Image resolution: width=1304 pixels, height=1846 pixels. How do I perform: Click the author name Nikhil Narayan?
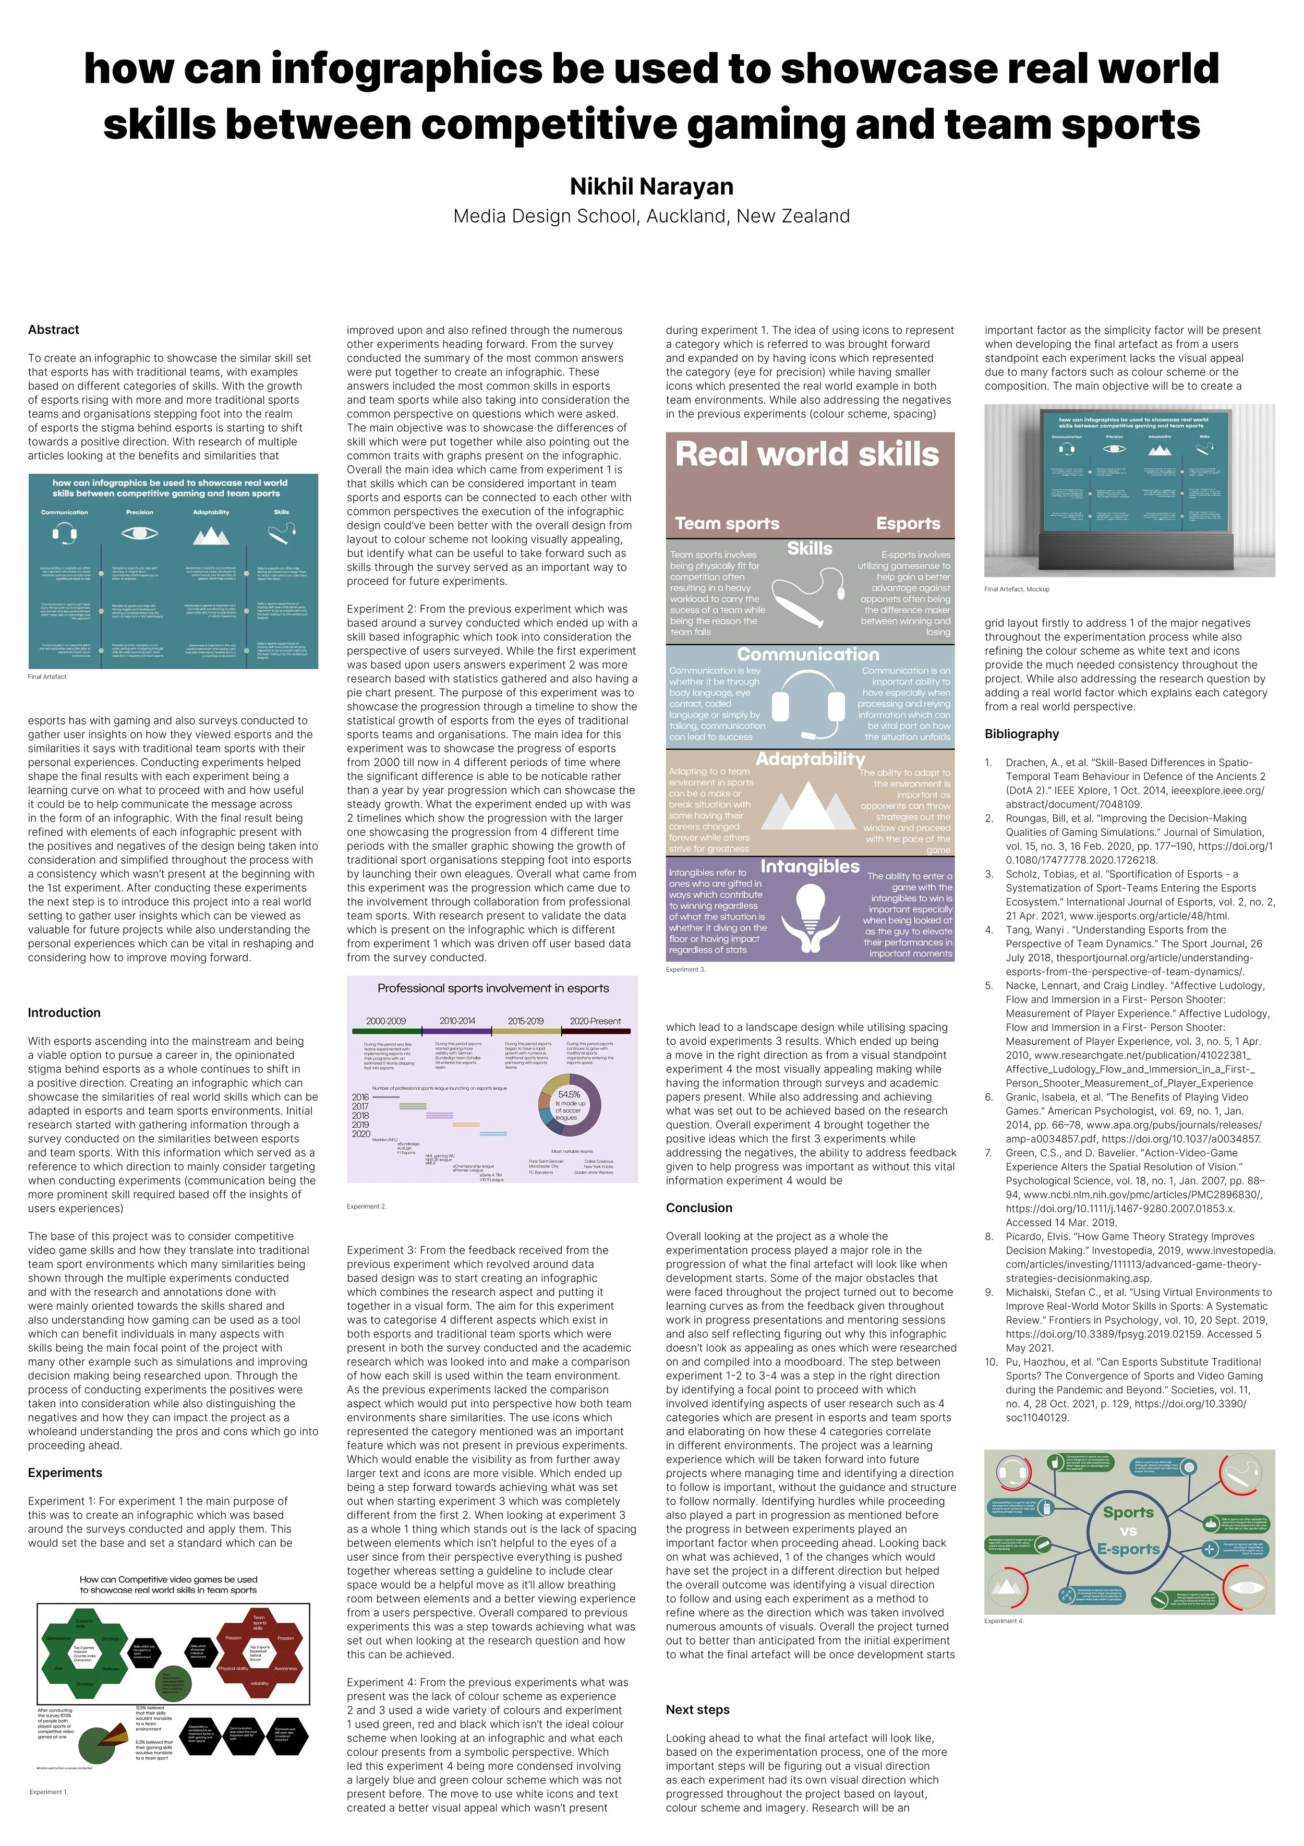(x=651, y=187)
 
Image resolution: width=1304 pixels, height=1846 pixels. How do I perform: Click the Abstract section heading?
(x=53, y=330)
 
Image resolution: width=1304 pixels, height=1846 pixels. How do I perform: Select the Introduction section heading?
(x=64, y=1013)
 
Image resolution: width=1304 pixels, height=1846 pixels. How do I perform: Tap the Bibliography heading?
(x=1022, y=734)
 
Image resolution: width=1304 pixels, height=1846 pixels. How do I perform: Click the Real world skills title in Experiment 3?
(x=806, y=454)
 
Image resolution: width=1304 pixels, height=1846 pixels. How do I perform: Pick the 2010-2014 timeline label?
(x=456, y=1021)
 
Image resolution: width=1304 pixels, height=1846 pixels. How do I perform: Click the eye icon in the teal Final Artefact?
(x=140, y=533)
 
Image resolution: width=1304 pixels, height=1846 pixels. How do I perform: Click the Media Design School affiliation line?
(x=651, y=216)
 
